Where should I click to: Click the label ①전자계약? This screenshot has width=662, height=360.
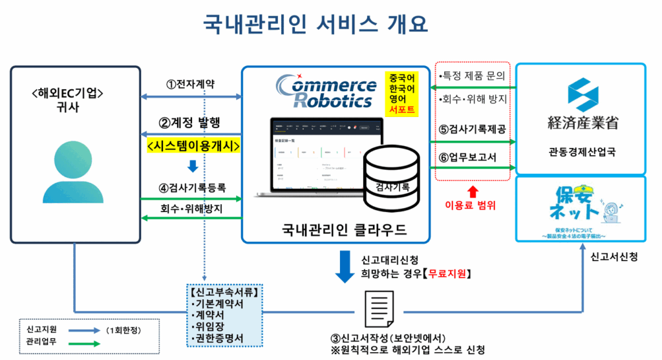point(191,84)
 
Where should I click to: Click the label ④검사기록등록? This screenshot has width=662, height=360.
point(192,188)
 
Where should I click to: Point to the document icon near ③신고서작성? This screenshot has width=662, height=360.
point(376,311)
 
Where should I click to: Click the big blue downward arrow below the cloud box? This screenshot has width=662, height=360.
point(345,266)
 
